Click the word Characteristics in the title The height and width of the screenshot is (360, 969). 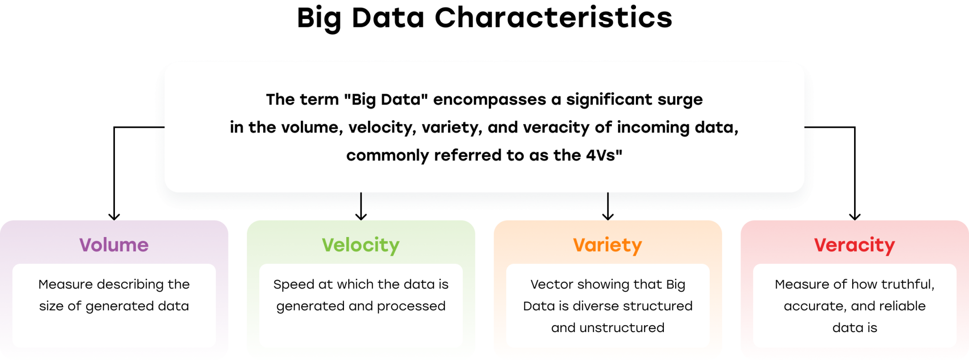(553, 18)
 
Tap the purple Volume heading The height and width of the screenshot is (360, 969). (114, 245)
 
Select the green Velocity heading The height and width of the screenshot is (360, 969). (361, 246)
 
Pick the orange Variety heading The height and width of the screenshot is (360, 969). (608, 246)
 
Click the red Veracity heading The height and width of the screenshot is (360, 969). (854, 246)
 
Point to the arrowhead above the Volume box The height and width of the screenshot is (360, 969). (114, 217)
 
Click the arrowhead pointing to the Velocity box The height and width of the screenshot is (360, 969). (361, 217)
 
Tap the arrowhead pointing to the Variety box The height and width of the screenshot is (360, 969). (608, 217)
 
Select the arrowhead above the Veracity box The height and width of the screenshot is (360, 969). (855, 217)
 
